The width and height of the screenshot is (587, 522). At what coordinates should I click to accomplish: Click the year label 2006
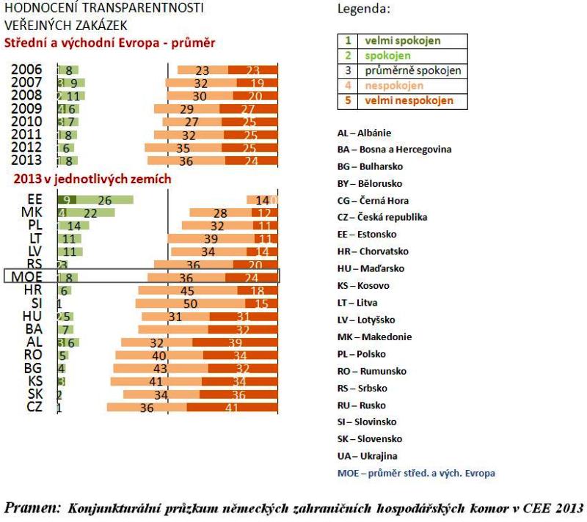26,70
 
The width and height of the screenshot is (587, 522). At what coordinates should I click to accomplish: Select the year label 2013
26,161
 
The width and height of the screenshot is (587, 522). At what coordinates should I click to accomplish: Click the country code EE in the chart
34,199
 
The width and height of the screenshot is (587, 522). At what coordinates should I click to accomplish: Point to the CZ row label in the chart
34,407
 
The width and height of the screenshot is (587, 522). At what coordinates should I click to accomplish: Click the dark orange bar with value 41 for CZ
232,408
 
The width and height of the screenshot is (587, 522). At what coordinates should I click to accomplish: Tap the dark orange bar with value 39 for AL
235,342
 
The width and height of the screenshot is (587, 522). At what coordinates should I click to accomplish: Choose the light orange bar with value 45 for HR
187,290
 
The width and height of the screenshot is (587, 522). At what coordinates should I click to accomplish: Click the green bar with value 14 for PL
73,226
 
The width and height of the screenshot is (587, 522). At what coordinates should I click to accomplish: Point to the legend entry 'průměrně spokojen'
413,71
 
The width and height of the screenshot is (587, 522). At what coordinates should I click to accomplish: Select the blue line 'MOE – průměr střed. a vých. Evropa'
415,473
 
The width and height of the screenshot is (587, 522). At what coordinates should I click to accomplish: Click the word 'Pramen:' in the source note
33,508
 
